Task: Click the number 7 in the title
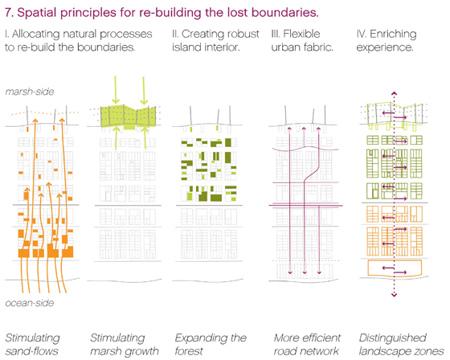9,13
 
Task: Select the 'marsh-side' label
30,92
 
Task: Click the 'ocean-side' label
30,303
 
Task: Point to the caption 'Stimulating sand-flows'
32,344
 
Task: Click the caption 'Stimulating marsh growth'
125,344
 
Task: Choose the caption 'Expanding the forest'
211,344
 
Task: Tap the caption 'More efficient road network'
307,344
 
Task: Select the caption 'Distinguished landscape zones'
402,344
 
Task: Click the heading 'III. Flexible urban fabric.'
302,40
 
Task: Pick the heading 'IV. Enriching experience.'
387,40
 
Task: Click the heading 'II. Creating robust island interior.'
215,40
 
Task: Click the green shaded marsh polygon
129,117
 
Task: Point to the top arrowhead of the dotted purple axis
395,93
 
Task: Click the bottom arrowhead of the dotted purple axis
395,295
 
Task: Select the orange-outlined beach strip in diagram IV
395,268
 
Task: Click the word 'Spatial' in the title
36,13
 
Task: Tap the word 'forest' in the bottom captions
189,351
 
